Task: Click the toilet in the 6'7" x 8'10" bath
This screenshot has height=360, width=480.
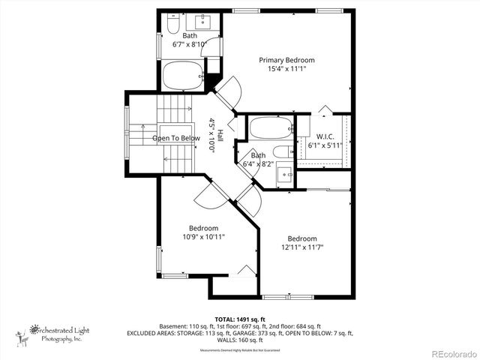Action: tap(172, 28)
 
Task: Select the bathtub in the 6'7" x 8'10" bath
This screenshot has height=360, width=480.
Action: tap(183, 75)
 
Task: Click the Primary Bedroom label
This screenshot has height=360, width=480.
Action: tap(286, 60)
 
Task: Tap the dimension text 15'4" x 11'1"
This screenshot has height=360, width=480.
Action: tap(286, 69)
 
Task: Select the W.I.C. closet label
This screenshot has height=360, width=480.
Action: tap(324, 136)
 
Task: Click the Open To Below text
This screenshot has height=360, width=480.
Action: tap(176, 138)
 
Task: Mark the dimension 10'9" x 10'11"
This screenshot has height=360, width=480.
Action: tap(203, 237)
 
